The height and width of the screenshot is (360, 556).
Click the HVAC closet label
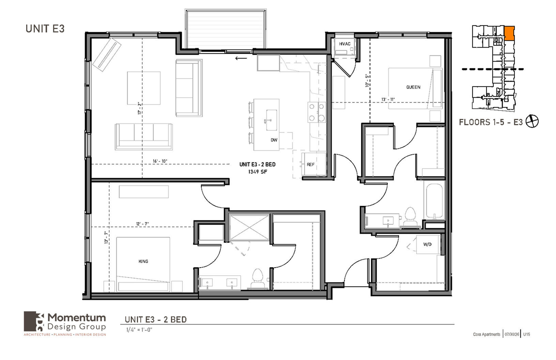click(345, 44)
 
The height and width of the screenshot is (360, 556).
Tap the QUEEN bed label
click(413, 87)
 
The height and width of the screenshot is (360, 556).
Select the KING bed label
click(143, 261)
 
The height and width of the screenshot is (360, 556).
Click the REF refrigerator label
click(310, 164)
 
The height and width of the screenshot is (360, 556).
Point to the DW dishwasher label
click(274, 140)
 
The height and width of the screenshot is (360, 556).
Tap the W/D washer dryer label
click(427, 244)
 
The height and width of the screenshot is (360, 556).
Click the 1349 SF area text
click(258, 172)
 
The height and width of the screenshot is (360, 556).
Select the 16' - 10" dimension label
click(160, 161)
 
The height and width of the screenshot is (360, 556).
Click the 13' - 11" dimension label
click(388, 100)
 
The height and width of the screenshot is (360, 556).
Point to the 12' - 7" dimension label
click(142, 224)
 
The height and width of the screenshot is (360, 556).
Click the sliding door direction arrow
click(241, 58)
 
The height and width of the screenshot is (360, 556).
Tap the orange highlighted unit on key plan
click(509, 33)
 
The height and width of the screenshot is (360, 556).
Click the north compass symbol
click(532, 121)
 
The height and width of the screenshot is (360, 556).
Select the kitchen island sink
click(271, 120)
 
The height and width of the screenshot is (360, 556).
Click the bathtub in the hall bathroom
click(434, 201)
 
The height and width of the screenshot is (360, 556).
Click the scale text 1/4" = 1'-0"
click(139, 330)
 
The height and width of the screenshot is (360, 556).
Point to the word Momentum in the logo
click(76, 318)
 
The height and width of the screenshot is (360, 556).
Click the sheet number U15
click(526, 334)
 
